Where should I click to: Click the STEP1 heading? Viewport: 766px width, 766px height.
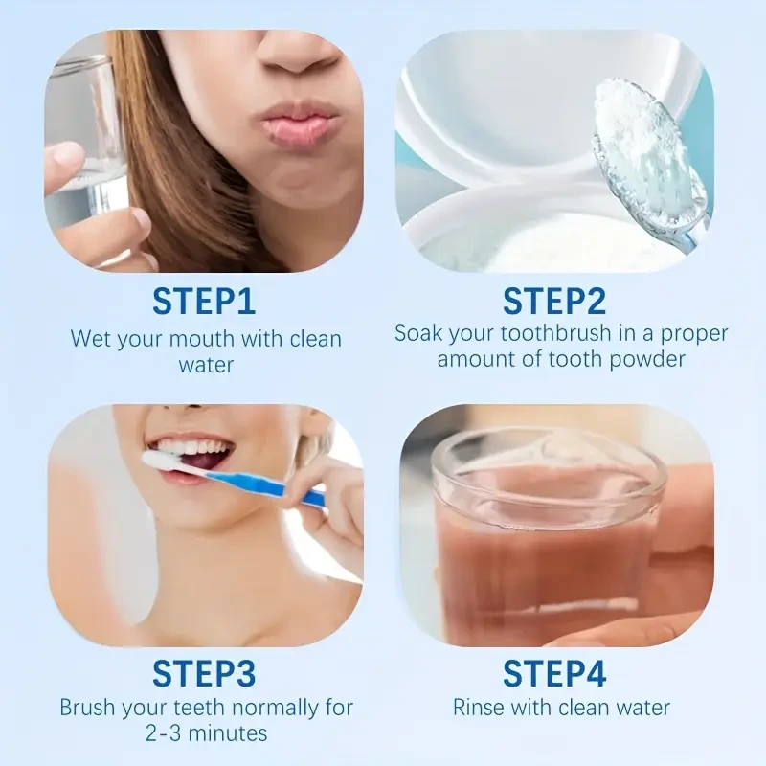pos(204,302)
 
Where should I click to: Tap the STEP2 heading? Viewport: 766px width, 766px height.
pos(554,302)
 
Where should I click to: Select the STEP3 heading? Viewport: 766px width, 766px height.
pos(204,673)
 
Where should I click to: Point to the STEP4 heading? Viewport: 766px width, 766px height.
pos(554,673)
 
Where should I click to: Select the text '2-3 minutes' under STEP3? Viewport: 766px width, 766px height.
pos(206,733)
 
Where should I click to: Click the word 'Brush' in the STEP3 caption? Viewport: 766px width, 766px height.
pos(87,709)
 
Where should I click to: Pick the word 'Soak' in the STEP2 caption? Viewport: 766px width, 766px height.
pos(417,334)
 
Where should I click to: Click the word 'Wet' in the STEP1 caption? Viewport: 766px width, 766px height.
pos(89,339)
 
